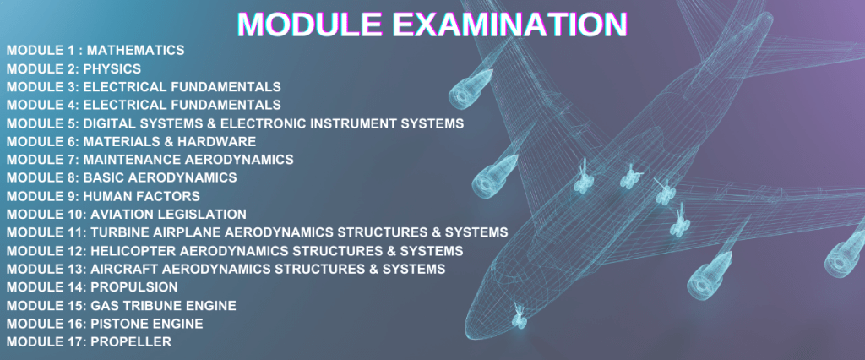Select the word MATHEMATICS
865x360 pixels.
[x=136, y=50]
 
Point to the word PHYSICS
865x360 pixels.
[x=112, y=69]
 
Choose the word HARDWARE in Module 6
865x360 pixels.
[x=223, y=142]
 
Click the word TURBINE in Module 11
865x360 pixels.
[x=119, y=232]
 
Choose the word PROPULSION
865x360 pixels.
[x=134, y=287]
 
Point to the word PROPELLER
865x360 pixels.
[x=131, y=341]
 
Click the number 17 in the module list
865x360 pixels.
[x=75, y=341]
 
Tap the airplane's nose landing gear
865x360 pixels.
[x=519, y=316]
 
